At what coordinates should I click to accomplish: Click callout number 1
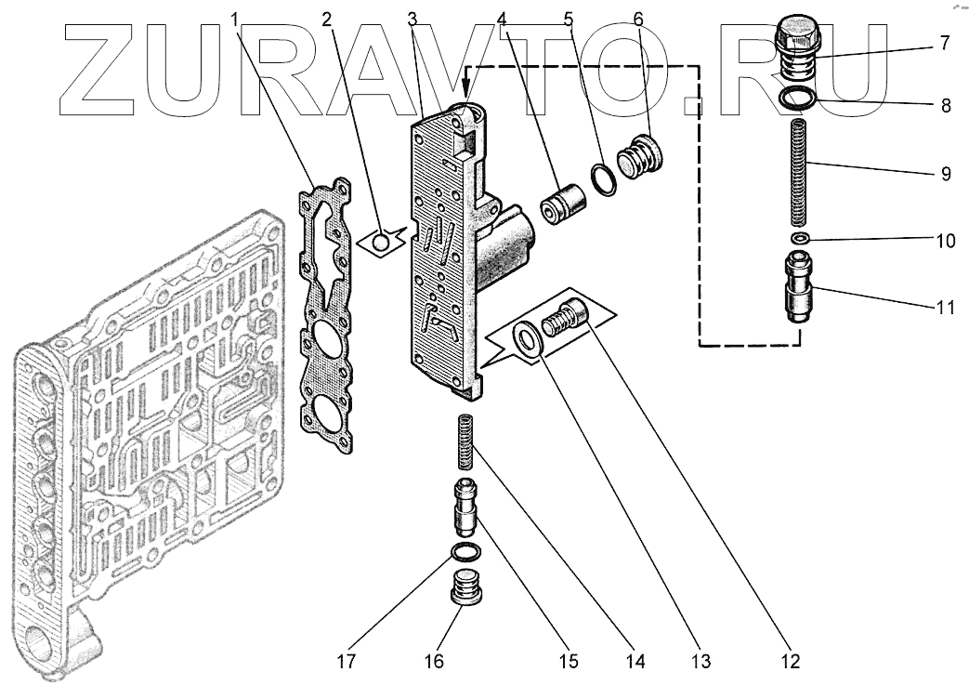tap(235, 18)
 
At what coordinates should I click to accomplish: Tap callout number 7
tap(944, 43)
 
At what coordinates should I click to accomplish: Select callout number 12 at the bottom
tap(790, 661)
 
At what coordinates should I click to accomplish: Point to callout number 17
tap(347, 661)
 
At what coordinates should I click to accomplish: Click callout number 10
tap(945, 241)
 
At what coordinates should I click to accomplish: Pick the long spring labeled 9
tap(798, 172)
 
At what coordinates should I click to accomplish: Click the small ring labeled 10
tap(798, 239)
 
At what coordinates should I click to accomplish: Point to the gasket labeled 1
tap(326, 316)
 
